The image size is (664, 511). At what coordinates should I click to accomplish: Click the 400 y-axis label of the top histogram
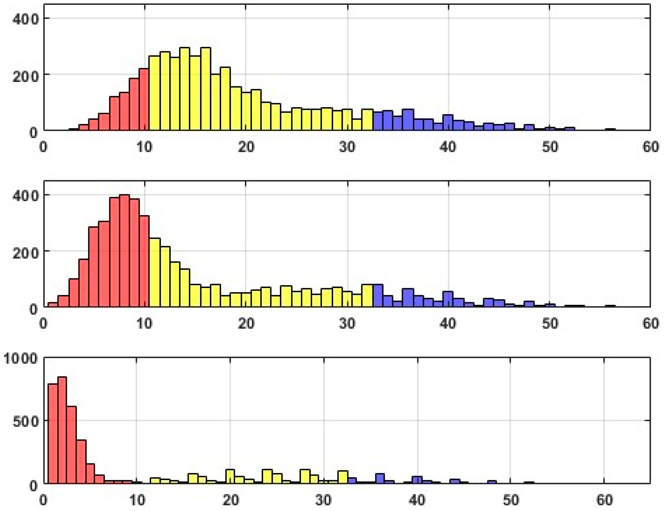pos(25,19)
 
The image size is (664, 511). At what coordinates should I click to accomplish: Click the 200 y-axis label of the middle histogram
pos(25,253)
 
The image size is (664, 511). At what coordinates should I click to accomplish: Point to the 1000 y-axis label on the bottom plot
pos(21,358)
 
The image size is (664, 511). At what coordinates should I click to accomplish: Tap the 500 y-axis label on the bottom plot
pos(25,422)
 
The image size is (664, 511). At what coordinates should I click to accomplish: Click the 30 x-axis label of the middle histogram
pos(347,324)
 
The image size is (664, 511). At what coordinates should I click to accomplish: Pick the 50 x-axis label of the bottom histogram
pos(511,500)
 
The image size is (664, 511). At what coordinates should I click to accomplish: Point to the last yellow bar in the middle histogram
pos(367,296)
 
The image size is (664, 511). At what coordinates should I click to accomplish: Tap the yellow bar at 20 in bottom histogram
pos(230,477)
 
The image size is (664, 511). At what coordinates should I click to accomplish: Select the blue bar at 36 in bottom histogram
pos(380,479)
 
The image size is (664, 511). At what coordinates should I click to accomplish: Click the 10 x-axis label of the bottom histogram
pos(137,500)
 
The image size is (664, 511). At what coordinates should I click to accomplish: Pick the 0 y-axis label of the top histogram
pos(33,132)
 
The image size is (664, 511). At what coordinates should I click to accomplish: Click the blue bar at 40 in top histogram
pos(448,123)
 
